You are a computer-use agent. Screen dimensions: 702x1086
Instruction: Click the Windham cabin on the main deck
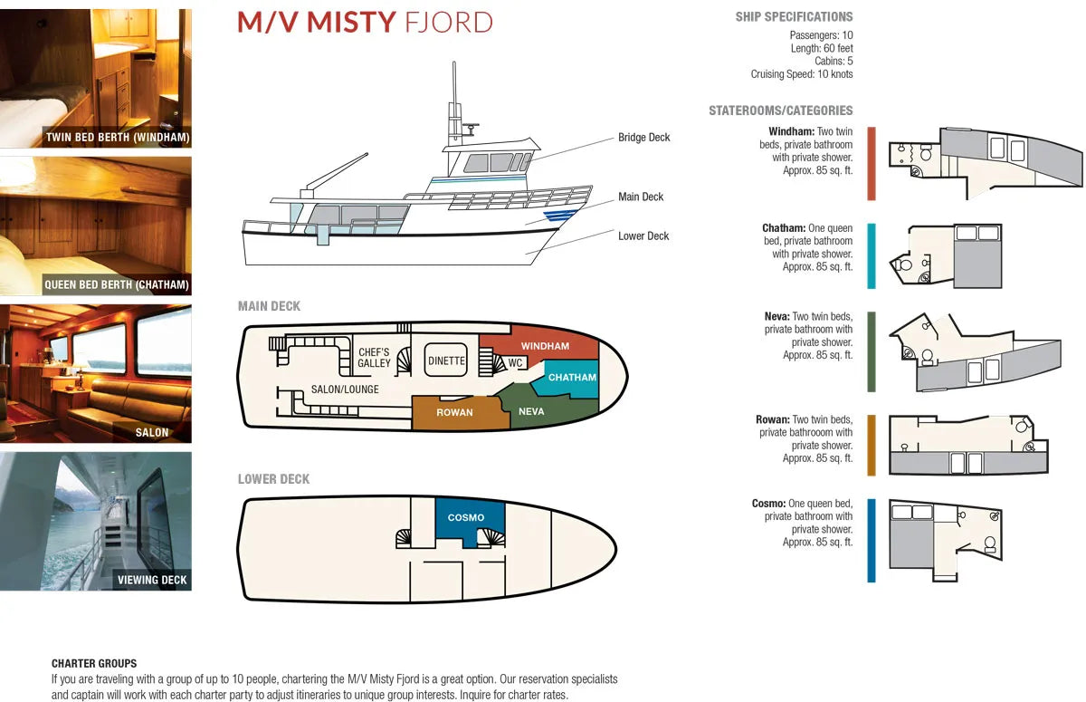coord(545,345)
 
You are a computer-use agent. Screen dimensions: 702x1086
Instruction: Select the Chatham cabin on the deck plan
coord(571,378)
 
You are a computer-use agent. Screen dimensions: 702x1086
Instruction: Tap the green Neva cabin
coord(531,411)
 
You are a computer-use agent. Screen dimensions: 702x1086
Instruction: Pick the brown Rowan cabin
coord(454,412)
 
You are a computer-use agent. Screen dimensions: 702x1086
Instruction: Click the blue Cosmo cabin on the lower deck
coord(466,517)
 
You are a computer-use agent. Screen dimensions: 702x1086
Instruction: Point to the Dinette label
coord(446,361)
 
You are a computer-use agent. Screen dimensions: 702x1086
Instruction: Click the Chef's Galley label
coord(374,358)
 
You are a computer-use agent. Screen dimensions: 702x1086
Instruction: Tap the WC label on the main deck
coord(516,363)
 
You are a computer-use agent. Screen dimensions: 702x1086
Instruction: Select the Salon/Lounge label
coord(345,389)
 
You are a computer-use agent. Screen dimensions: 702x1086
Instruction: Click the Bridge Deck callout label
coord(643,138)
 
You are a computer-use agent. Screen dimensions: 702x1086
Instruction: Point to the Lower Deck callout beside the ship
coord(643,236)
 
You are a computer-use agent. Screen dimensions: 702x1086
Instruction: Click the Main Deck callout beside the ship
coord(641,197)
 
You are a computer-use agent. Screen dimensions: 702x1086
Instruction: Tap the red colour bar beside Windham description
coord(871,163)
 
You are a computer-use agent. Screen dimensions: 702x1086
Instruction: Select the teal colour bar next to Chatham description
coord(871,255)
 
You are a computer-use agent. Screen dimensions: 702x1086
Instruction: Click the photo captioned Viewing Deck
coord(96,521)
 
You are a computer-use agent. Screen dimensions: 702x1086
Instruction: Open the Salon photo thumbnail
coord(96,373)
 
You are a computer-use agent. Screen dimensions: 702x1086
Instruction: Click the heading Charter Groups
coord(94,664)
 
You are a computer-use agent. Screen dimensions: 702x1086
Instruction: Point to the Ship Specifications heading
coord(794,16)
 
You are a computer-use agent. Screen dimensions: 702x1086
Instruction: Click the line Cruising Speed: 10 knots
coord(801,74)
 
